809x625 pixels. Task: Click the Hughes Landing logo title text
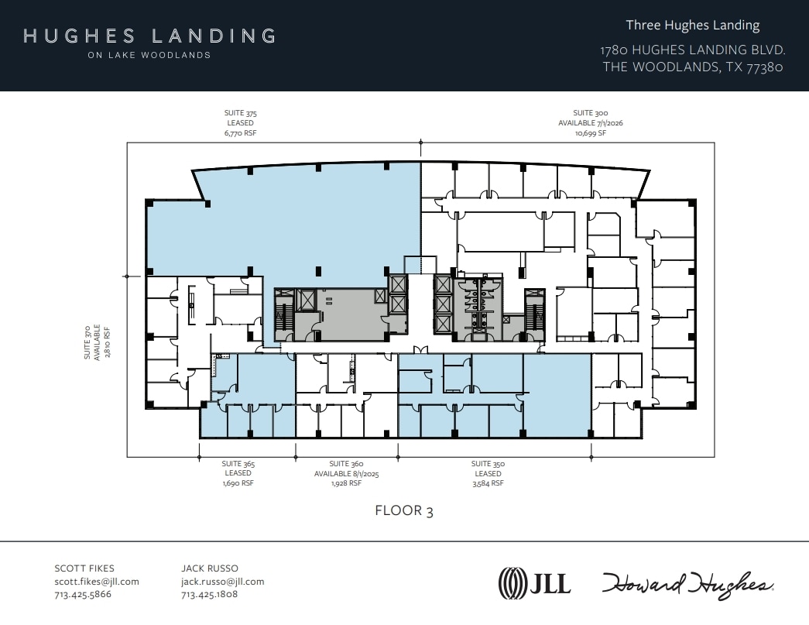click(x=149, y=36)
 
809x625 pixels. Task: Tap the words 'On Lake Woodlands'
click(x=149, y=56)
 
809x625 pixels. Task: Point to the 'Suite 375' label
click(x=240, y=113)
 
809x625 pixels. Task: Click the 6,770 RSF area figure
click(x=240, y=133)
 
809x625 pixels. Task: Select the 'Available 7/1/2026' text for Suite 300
click(x=590, y=123)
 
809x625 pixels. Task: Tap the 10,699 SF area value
click(x=590, y=133)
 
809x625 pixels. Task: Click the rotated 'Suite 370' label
click(x=87, y=342)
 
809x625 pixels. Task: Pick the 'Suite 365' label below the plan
click(x=238, y=464)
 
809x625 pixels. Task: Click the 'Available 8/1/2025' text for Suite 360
click(x=346, y=473)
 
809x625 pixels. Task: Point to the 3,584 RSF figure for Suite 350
click(x=488, y=483)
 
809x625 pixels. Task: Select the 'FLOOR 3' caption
click(x=399, y=510)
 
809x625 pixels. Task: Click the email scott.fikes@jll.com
click(x=97, y=582)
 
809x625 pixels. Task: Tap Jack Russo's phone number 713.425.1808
click(x=209, y=595)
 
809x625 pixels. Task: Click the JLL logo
click(x=534, y=582)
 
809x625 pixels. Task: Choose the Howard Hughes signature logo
click(x=687, y=583)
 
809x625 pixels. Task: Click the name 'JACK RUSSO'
click(x=209, y=568)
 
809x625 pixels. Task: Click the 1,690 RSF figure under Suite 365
click(x=238, y=483)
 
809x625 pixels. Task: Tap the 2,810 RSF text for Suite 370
click(x=108, y=342)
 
